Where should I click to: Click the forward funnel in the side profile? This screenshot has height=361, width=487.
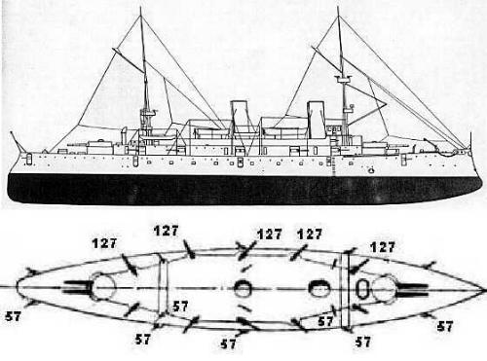(x=317, y=119)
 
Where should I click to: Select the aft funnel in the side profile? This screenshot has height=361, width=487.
(x=240, y=118)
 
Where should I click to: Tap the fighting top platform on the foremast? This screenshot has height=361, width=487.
(x=344, y=79)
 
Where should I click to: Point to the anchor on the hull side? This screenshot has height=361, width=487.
(x=371, y=169)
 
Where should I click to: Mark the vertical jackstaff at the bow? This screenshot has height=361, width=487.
(x=470, y=140)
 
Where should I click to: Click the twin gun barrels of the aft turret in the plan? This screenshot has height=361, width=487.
(x=76, y=287)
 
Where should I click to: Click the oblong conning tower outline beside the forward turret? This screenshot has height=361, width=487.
(x=361, y=288)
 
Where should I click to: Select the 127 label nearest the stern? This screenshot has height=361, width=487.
(x=104, y=243)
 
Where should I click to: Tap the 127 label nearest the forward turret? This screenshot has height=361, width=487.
(x=383, y=247)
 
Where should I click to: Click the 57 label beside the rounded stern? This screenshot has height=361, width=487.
(x=13, y=316)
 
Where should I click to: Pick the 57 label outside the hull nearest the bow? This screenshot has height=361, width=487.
(x=444, y=326)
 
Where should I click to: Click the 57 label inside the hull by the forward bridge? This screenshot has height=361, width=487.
(x=325, y=321)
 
